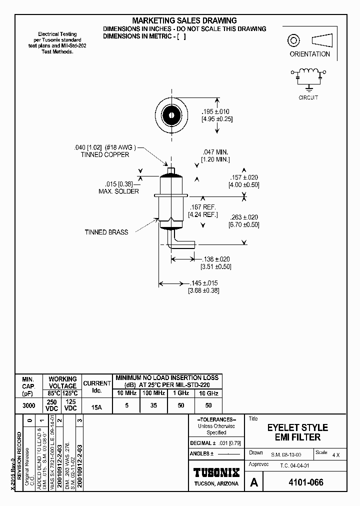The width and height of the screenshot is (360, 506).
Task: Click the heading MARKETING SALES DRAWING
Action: tap(184, 20)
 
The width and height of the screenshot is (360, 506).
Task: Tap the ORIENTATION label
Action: tap(309, 54)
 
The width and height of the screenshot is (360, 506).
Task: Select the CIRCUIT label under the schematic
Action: tap(308, 97)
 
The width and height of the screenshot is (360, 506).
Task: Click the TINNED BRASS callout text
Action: tap(106, 232)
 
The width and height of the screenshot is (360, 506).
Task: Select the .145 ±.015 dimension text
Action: tap(203, 283)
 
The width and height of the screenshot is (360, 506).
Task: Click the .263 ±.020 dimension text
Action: tap(244, 217)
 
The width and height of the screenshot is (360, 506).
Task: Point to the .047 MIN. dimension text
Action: tap(215, 151)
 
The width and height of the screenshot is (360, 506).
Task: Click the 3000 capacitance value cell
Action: tap(28, 406)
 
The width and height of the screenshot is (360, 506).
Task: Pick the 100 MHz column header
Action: tap(153, 393)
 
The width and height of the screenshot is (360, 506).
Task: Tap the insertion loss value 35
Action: tap(153, 405)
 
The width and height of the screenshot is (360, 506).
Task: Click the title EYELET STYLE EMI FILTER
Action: tap(297, 432)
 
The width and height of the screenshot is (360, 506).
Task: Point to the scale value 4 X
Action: tap(335, 455)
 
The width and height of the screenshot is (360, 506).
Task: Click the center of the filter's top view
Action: tap(171, 115)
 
